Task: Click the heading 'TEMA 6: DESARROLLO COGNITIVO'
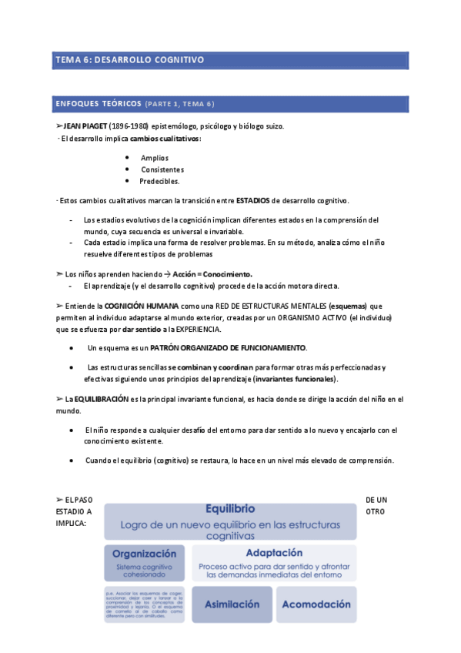(x=129, y=59)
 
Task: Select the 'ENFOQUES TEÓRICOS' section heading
(x=99, y=103)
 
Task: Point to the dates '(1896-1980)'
(x=129, y=126)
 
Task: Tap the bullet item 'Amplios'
(x=155, y=158)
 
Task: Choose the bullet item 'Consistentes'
(x=162, y=169)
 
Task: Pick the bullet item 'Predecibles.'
(x=159, y=181)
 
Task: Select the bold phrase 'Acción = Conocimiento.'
(x=212, y=274)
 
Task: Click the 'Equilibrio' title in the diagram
(x=231, y=509)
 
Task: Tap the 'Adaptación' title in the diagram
(x=273, y=553)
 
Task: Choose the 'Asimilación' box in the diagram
(x=231, y=604)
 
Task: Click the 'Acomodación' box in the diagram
(x=316, y=604)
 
